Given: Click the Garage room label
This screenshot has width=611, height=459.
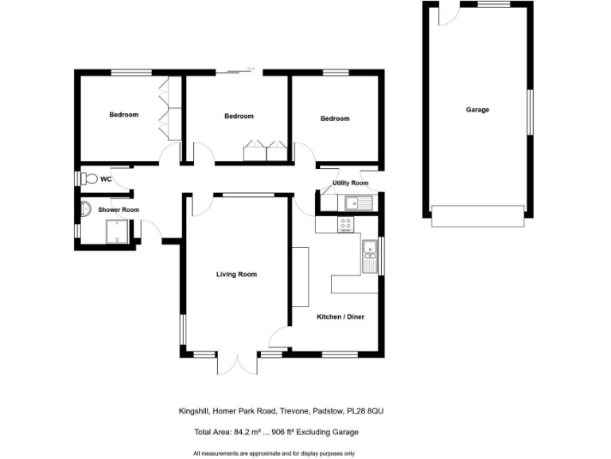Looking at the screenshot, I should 477,110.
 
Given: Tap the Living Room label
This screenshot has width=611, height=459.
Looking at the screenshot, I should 237,274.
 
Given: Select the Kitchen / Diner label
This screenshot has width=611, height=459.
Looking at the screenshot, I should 341,317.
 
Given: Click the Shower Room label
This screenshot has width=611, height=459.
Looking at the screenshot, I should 119,210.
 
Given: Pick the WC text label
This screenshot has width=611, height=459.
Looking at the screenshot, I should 106,178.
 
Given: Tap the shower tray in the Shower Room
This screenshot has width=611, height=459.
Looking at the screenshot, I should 117,232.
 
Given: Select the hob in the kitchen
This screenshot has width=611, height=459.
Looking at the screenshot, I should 346,224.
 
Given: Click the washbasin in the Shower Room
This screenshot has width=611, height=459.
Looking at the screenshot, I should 85,210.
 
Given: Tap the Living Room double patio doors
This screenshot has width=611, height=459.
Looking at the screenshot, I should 237,363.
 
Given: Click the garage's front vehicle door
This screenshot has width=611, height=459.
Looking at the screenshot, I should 477,216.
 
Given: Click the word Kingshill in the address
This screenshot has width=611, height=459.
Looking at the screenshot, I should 195,411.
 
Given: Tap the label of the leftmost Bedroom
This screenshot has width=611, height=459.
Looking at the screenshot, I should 123,115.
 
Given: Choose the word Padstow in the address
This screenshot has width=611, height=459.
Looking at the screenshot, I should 326,411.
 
